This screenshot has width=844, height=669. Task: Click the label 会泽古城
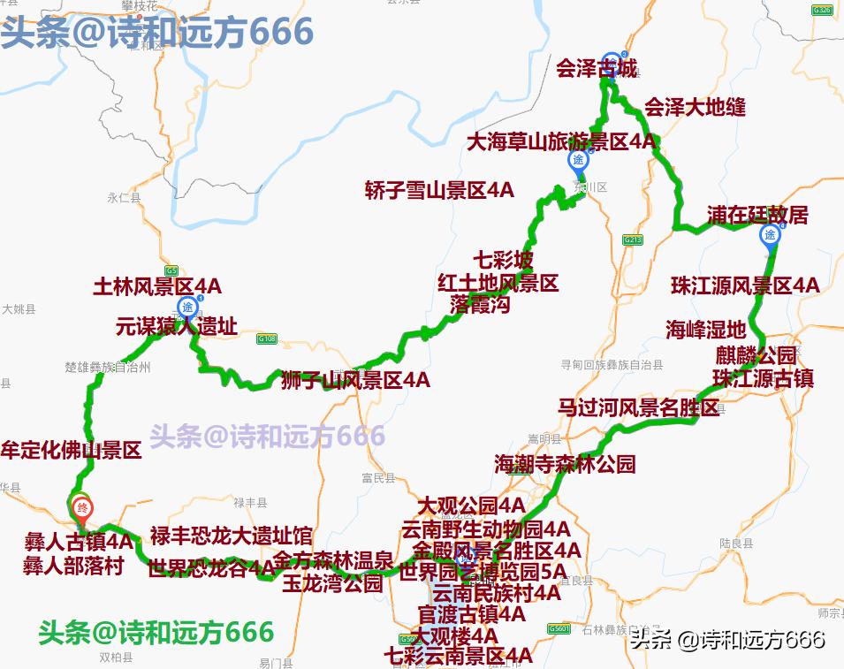click(596, 68)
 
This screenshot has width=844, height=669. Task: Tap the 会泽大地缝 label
click(695, 107)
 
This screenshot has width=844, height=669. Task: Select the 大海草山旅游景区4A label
click(562, 141)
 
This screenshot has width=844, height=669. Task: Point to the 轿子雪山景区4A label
click(439, 190)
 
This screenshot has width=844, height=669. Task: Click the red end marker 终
click(82, 507)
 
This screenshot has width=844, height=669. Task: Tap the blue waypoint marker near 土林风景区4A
click(187, 307)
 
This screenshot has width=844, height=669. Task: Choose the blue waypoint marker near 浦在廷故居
click(769, 235)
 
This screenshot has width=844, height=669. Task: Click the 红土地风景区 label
click(498, 283)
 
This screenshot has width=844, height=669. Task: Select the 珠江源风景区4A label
click(745, 285)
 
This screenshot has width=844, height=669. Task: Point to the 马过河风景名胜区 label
click(638, 407)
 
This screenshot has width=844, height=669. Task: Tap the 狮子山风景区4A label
click(355, 381)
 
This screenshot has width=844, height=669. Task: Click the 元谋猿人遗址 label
click(176, 326)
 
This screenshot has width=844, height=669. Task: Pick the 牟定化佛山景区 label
click(72, 450)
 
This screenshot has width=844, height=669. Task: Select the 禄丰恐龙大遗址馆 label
click(231, 536)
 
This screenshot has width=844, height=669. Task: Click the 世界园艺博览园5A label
click(483, 572)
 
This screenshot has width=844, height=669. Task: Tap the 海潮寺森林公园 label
click(565, 464)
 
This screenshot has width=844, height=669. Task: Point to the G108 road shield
click(267, 338)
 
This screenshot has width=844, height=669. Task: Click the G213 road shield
click(632, 239)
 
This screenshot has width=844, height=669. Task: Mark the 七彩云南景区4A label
click(459, 656)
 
